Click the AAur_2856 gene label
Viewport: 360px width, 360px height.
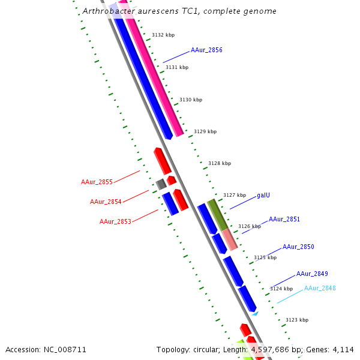(x=206, y=50)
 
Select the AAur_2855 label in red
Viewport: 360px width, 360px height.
(x=97, y=182)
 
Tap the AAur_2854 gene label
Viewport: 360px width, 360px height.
(x=106, y=202)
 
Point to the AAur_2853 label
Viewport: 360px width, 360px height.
(x=115, y=221)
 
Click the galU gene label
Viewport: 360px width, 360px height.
(x=263, y=195)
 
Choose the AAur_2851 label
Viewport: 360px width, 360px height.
(x=284, y=220)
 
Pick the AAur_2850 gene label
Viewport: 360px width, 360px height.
(x=298, y=247)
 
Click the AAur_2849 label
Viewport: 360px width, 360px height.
(x=312, y=274)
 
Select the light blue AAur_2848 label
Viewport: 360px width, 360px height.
(x=320, y=288)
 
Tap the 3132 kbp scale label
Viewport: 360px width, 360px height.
(x=163, y=35)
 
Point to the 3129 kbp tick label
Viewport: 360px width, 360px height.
(x=205, y=131)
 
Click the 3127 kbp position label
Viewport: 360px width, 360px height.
(x=235, y=195)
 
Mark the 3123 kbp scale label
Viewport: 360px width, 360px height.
(x=297, y=320)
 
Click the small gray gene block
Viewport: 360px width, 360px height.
(x=161, y=184)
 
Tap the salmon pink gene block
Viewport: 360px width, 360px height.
(x=230, y=239)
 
